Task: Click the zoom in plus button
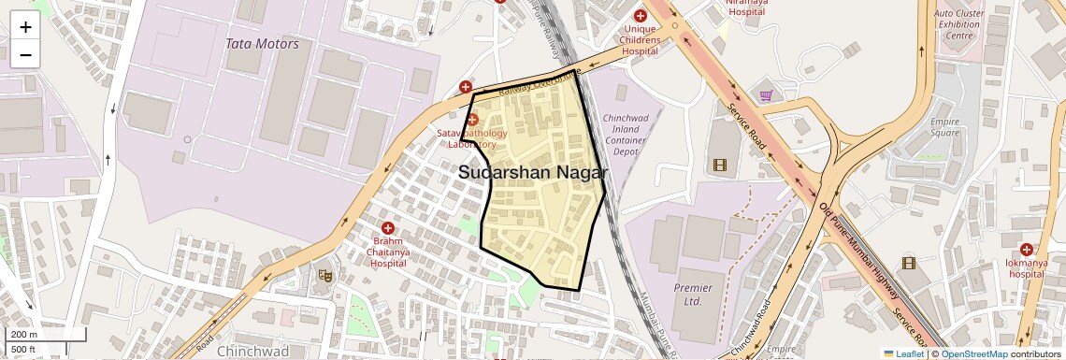coord(25,27)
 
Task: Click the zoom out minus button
coord(25,54)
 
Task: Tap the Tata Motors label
coord(262,44)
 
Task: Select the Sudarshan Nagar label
coord(533,173)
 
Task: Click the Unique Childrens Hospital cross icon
coord(641,16)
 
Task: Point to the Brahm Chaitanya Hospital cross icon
coord(388,228)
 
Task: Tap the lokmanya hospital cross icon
coord(1027,250)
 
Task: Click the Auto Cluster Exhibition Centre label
coord(958,24)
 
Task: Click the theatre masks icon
coord(324,275)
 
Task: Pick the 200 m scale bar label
coord(24,335)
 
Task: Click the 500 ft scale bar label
coord(23,350)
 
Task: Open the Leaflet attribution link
coord(903,353)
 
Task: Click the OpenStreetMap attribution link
coord(973,353)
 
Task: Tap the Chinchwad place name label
coord(252,352)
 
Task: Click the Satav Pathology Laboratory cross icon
coord(472,120)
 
